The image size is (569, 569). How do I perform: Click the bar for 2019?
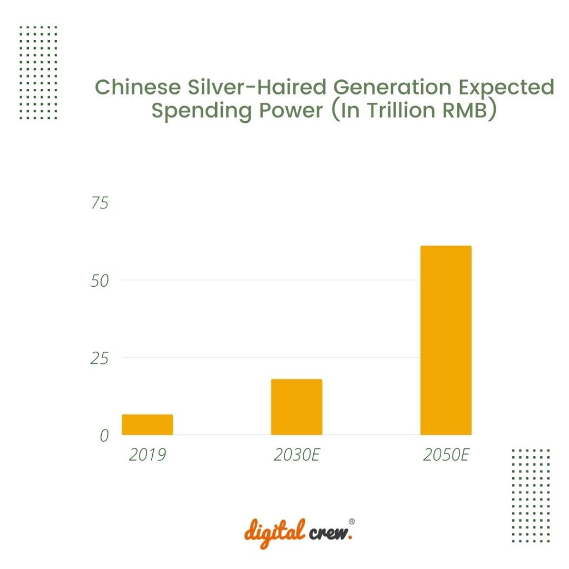[147, 425]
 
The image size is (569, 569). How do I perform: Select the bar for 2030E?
[297, 407]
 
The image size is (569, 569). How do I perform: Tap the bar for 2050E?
[446, 340]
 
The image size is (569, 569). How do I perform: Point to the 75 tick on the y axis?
[100, 203]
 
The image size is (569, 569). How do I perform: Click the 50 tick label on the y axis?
[100, 281]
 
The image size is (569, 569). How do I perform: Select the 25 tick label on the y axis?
[100, 358]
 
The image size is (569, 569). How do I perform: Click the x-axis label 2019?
[147, 455]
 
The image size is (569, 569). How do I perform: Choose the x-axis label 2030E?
[297, 455]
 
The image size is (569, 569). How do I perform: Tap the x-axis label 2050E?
[446, 455]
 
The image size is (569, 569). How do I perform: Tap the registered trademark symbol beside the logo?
[352, 522]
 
